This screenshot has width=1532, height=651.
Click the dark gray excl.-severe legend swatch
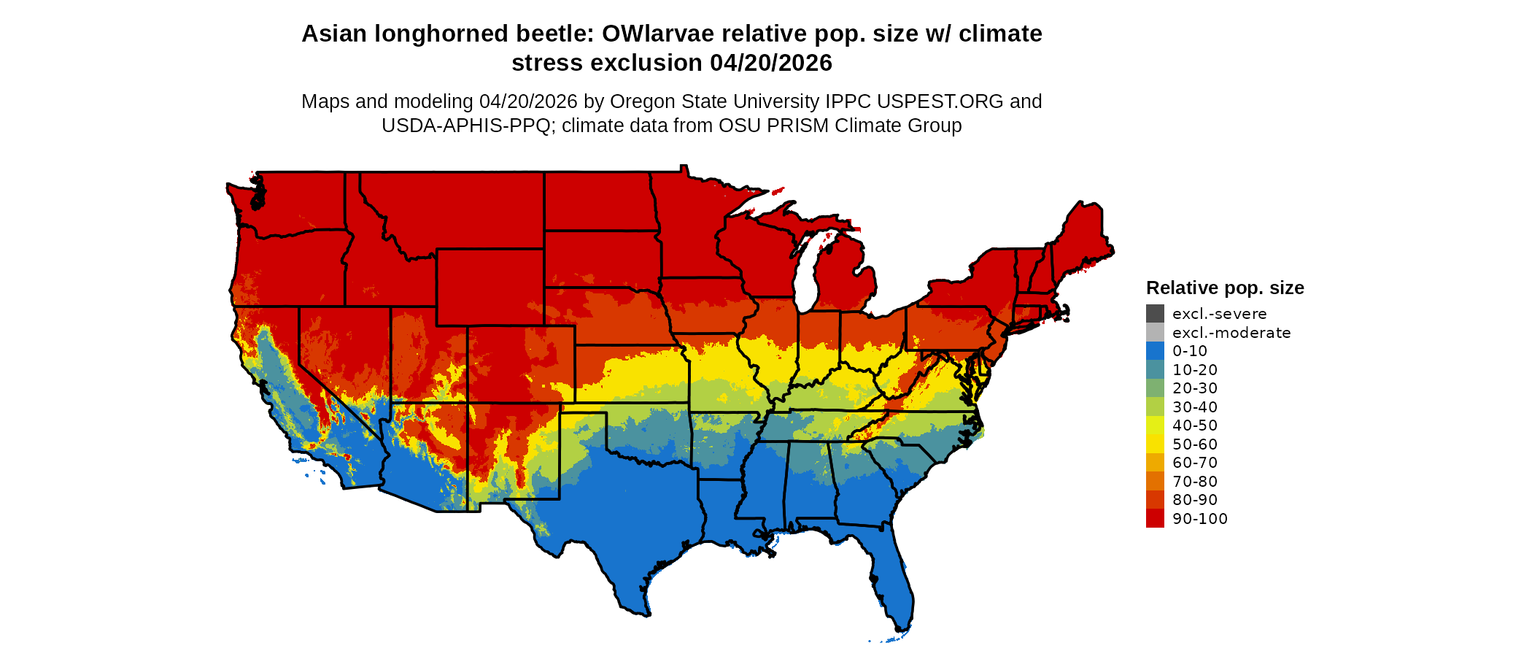pyautogui.click(x=1155, y=314)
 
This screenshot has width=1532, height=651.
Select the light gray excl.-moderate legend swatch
pyautogui.click(x=1155, y=332)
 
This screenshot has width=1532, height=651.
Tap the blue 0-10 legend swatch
pyautogui.click(x=1155, y=351)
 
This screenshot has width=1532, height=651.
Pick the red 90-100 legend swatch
pyautogui.click(x=1155, y=518)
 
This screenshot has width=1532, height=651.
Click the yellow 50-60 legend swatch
pyautogui.click(x=1155, y=444)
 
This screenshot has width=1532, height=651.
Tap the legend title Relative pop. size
pyautogui.click(x=1224, y=288)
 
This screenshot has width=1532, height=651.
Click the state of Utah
pyautogui.click(x=426, y=358)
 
